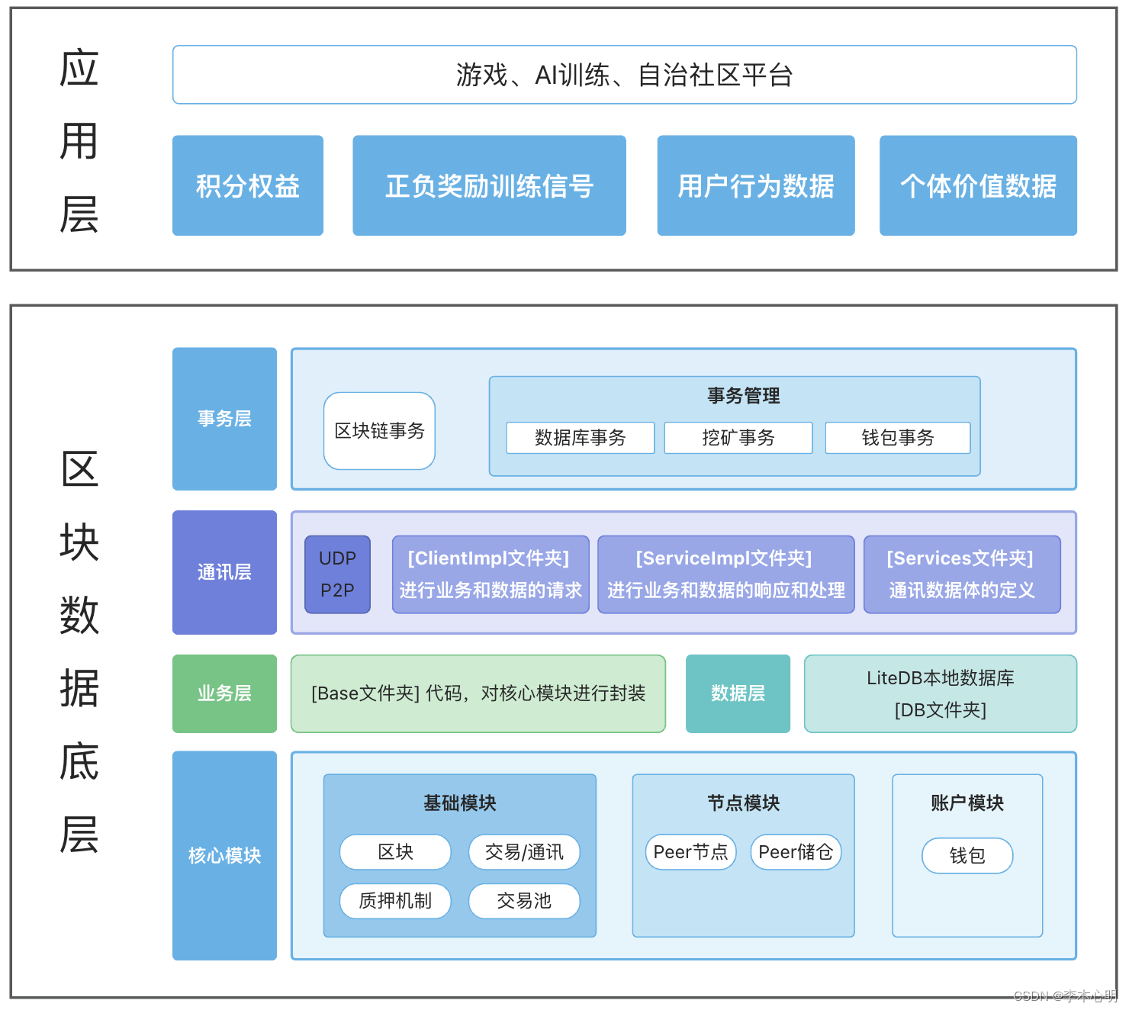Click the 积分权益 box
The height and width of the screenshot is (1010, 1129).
pos(248,185)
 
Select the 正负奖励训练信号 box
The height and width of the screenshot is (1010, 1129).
pos(489,185)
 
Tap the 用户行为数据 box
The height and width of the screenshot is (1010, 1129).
pos(756,185)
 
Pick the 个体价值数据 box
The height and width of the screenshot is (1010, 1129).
pos(978,185)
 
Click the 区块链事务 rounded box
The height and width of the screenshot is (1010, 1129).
pos(379,431)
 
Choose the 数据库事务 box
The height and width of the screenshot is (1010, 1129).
pos(580,438)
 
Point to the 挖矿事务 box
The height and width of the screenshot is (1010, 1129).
pos(738,438)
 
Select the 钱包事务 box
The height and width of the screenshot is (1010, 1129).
pos(897,438)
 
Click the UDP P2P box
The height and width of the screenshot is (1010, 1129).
pos(337,574)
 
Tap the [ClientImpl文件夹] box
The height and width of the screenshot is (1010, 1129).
pos(491,574)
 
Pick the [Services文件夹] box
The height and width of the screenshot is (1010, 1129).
pos(962,574)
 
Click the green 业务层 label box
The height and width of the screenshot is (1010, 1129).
pos(224,693)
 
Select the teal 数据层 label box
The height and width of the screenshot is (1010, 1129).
pos(738,693)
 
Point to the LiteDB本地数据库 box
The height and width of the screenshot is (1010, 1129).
pos(940,693)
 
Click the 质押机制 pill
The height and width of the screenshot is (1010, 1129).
pos(395,901)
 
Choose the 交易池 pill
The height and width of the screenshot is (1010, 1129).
pos(524,901)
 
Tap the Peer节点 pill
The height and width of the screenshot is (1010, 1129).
pos(690,852)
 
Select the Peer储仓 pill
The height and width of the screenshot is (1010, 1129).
pos(796,852)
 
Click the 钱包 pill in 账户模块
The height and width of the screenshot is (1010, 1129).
pos(967,856)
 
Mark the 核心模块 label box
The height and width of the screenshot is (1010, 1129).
pos(224,855)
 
